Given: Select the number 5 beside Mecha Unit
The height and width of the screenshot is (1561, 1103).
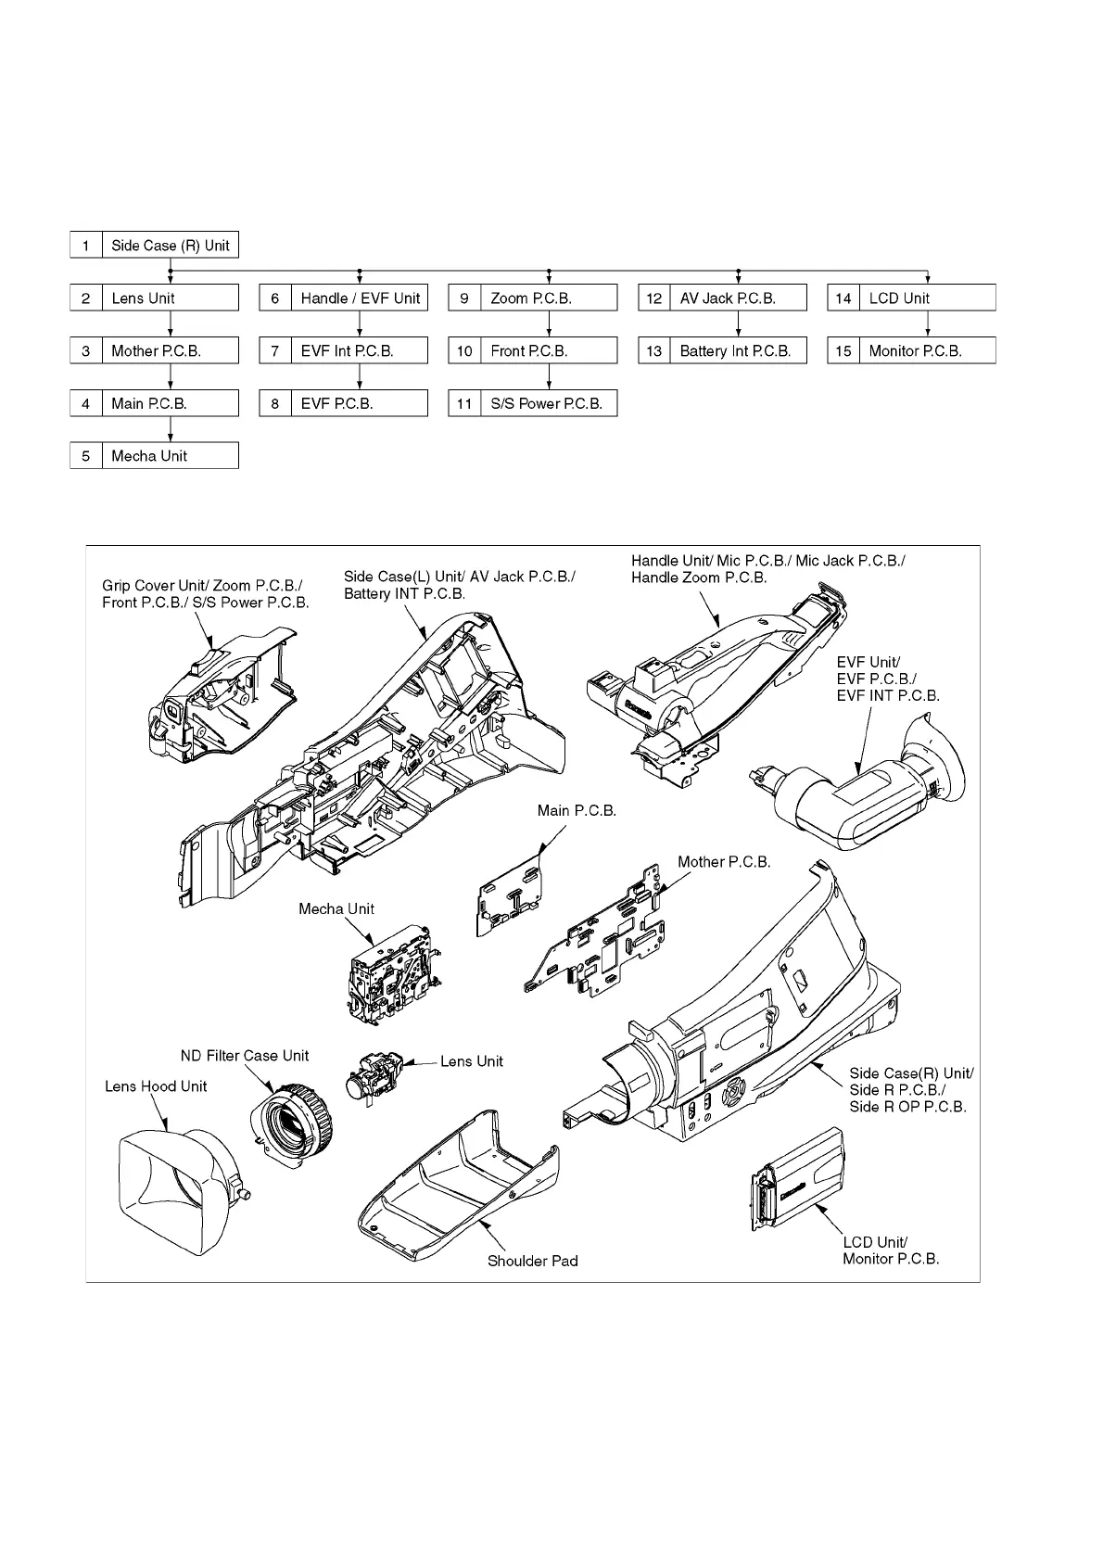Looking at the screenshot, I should pyautogui.click(x=86, y=456).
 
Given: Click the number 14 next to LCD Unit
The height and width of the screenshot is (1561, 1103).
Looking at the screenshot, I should pyautogui.click(x=843, y=298).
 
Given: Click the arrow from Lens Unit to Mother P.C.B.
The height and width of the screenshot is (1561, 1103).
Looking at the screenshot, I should pyautogui.click(x=171, y=324).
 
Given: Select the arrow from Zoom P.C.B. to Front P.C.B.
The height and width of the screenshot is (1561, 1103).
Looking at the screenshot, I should pyautogui.click(x=550, y=324).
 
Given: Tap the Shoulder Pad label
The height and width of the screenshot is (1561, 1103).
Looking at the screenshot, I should pyautogui.click(x=532, y=1261).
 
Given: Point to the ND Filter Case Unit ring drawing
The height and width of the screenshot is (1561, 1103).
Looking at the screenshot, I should pyautogui.click(x=292, y=1123).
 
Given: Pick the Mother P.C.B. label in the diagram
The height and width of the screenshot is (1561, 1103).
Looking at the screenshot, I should pyautogui.click(x=723, y=862).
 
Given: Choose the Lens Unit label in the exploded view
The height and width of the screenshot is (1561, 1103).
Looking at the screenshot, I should pyautogui.click(x=471, y=1061).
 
